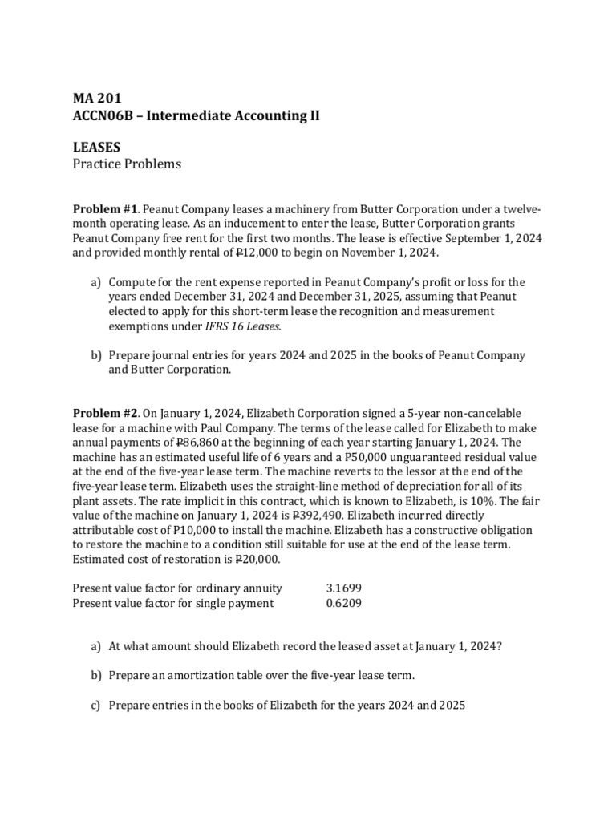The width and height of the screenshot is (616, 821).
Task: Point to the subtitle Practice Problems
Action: point(127,164)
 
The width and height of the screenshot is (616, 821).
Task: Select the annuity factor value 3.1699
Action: point(343,588)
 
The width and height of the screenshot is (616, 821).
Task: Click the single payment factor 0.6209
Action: point(343,603)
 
